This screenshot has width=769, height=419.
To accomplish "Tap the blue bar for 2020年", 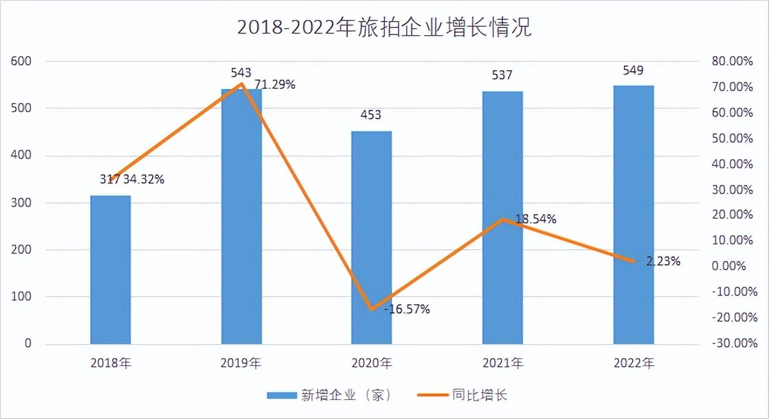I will pos(372,237).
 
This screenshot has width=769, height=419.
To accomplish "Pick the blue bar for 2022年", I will pos(633,215).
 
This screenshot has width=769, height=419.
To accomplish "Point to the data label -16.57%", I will pos(407,309).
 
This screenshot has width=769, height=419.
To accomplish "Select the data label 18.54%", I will pos(535,219).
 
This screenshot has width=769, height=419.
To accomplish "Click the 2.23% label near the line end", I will pos(663,262).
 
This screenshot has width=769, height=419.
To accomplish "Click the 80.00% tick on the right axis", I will pos(732,61).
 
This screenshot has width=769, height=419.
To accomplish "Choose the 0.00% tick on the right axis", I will pos(732,266).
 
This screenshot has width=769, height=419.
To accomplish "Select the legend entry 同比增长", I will pos(479,395).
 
